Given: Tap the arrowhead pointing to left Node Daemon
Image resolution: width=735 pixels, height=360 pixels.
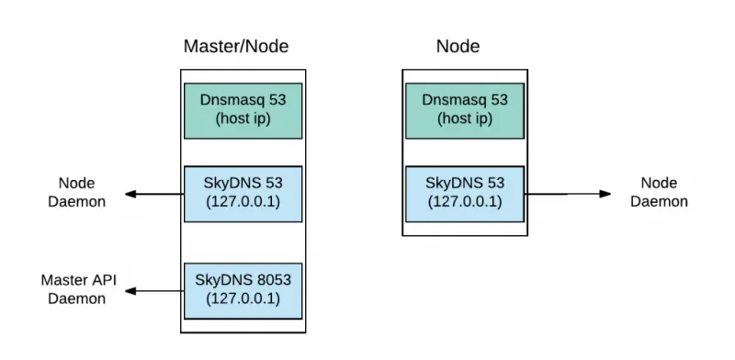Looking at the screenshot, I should point(131,194).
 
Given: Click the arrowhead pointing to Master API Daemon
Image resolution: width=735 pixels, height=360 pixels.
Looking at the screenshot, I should point(131,291).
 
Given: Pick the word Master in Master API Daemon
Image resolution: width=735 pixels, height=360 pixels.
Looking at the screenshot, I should point(63,280).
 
